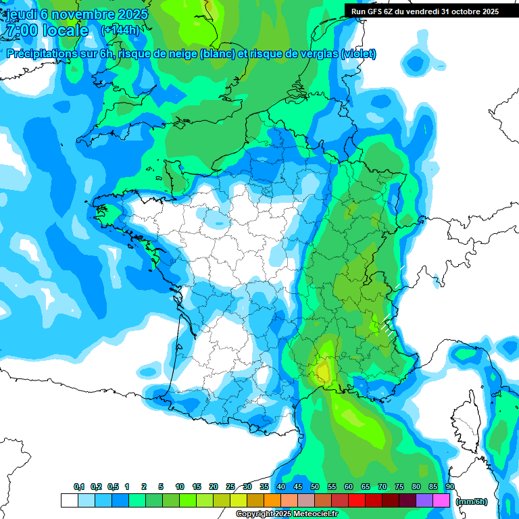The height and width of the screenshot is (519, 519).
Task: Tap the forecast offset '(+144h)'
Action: point(120,30)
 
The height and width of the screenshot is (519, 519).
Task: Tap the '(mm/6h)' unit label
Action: point(472,501)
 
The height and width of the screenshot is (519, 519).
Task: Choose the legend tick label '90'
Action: point(449,487)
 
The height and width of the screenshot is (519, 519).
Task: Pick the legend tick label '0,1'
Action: point(78,487)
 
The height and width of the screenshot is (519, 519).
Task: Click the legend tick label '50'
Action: point(315,487)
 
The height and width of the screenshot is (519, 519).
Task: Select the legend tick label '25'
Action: point(230,487)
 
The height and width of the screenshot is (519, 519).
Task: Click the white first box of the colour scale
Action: point(69,501)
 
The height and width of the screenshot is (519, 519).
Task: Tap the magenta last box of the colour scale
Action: point(441,501)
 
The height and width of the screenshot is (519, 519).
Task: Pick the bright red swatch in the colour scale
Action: point(357,501)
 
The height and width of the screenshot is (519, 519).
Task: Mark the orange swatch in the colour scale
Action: point(272,501)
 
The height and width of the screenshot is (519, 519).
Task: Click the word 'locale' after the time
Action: point(65,30)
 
